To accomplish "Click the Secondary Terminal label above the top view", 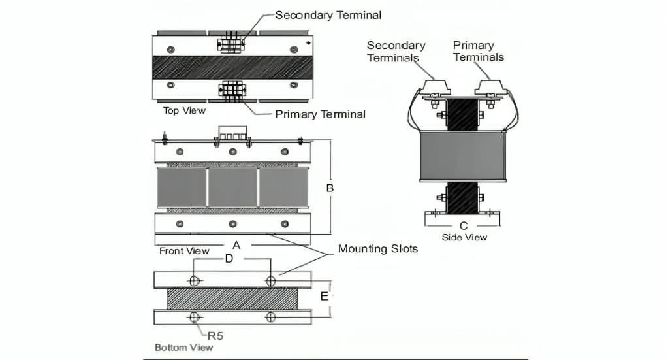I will (328, 15).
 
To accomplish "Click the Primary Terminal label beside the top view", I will (320, 114).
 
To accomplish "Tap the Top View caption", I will (184, 110).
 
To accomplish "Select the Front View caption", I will (184, 250).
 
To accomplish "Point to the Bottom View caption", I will (183, 347).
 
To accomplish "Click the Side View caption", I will (464, 237).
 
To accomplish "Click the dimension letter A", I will (237, 245).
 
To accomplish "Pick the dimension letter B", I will (330, 188).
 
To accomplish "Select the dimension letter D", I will (229, 259).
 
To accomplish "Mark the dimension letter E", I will (324, 296).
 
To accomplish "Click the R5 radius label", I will (215, 336).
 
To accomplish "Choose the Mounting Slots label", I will (378, 249).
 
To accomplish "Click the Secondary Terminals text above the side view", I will (396, 51).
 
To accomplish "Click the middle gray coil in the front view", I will (232, 188).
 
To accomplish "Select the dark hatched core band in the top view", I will (233, 67).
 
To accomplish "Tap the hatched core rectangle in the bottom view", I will (232, 299).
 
